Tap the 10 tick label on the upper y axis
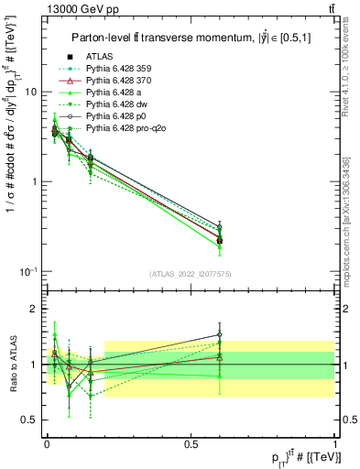pyautogui.click(x=30, y=93)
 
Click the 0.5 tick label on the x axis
pyautogui.click(x=191, y=442)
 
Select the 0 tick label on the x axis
pyautogui.click(x=47, y=442)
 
